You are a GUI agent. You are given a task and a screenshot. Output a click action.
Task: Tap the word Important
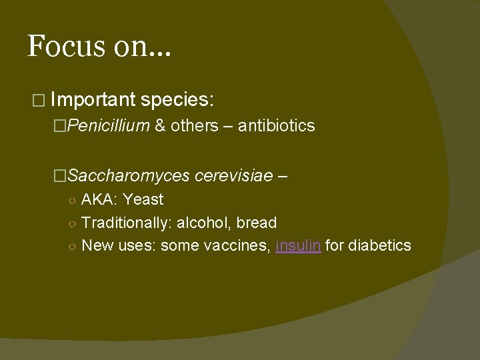pos(93,99)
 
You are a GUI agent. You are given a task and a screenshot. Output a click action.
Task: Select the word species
pos(177,99)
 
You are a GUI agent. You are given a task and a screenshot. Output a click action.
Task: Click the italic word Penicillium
pos(108,125)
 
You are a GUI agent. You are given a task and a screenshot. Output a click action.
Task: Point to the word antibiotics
pos(276,125)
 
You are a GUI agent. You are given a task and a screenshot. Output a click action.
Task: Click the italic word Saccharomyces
pos(128,176)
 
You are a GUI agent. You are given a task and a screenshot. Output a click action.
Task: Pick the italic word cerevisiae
pos(233,176)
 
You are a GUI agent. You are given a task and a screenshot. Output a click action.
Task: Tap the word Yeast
pos(143,199)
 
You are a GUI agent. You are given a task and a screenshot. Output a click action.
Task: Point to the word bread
pos(257,223)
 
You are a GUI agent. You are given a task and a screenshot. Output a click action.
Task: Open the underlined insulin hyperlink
pos(298,245)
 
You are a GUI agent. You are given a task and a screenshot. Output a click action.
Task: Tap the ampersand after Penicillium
pos(160,125)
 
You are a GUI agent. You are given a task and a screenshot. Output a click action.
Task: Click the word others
pos(194,125)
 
